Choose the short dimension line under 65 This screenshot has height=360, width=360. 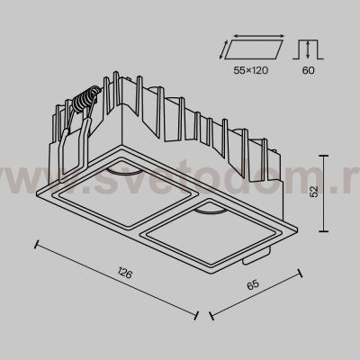point(257,292)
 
